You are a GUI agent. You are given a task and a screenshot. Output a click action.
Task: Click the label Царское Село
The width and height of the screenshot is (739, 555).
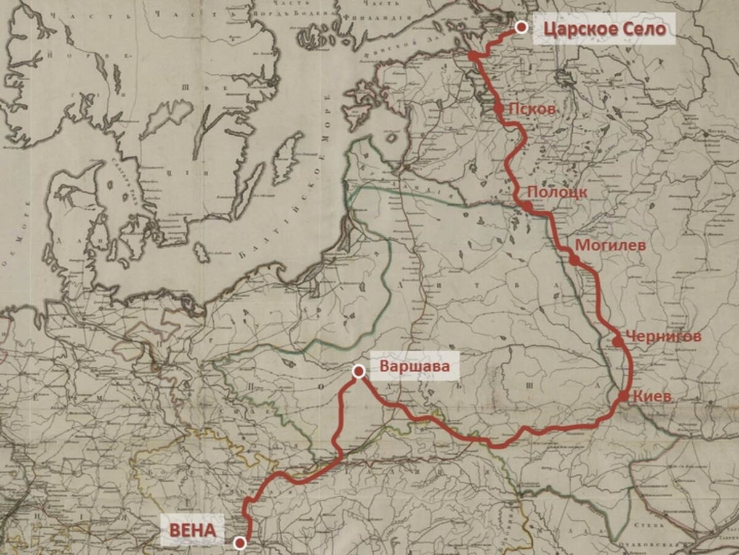pyautogui.click(x=605, y=29)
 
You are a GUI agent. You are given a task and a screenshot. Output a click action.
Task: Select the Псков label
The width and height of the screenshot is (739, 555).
pyautogui.click(x=532, y=109)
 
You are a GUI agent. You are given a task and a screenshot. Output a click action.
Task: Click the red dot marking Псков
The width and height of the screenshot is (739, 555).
pyautogui.click(x=499, y=108)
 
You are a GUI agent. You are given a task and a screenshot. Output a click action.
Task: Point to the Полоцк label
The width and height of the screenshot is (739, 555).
pyautogui.click(x=557, y=192)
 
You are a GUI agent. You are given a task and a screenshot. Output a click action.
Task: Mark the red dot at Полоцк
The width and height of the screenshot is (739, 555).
pyautogui.click(x=528, y=206)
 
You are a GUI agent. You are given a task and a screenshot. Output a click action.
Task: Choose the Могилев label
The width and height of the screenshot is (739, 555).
pyautogui.click(x=610, y=246)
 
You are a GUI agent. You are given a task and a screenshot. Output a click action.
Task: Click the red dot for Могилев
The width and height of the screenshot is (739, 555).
pyautogui.click(x=575, y=260)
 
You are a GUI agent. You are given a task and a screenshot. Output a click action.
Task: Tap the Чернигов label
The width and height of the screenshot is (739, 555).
pyautogui.click(x=663, y=337)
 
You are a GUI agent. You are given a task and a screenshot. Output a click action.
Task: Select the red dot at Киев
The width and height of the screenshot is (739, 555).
pyautogui.click(x=623, y=396)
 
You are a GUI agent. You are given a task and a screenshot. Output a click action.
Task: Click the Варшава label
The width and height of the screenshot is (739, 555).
pyautogui.click(x=411, y=367)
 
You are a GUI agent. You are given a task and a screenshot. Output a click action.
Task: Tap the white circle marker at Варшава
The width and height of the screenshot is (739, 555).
pyautogui.click(x=358, y=370)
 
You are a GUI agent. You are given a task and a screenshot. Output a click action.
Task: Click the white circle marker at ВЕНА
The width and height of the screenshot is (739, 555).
pyautogui.click(x=240, y=542)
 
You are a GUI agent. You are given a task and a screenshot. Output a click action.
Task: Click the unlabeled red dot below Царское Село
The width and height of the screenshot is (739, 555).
pyautogui.click(x=473, y=55)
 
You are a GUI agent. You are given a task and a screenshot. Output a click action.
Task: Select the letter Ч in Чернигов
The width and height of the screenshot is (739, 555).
pyautogui.click(x=630, y=337)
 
